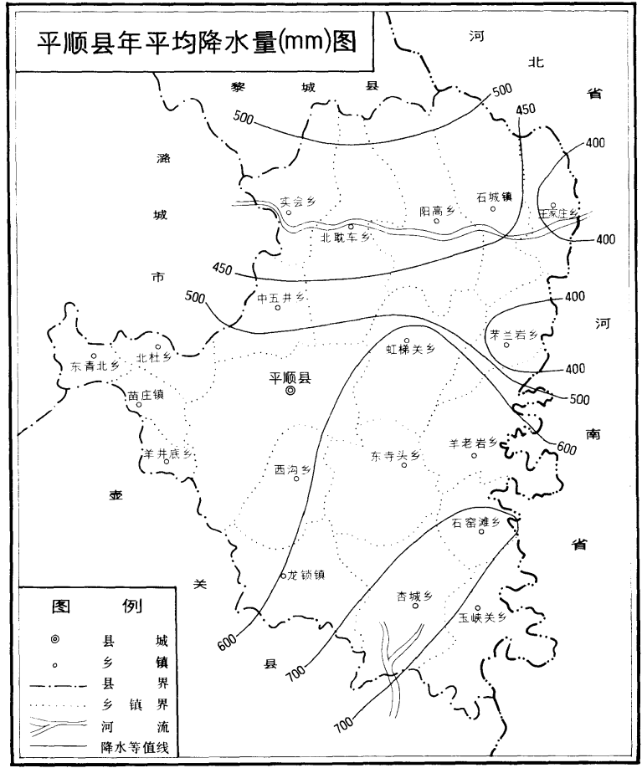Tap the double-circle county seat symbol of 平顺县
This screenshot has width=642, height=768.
pos(290,390)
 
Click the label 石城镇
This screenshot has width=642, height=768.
pos(494,197)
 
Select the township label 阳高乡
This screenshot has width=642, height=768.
pos(436,212)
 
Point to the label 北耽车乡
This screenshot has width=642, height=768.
pos(347,237)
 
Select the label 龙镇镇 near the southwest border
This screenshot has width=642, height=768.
pos(305,575)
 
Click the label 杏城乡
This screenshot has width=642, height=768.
pos(413,596)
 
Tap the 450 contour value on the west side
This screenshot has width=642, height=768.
pos(223,269)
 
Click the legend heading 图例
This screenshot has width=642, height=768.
pos(98,606)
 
